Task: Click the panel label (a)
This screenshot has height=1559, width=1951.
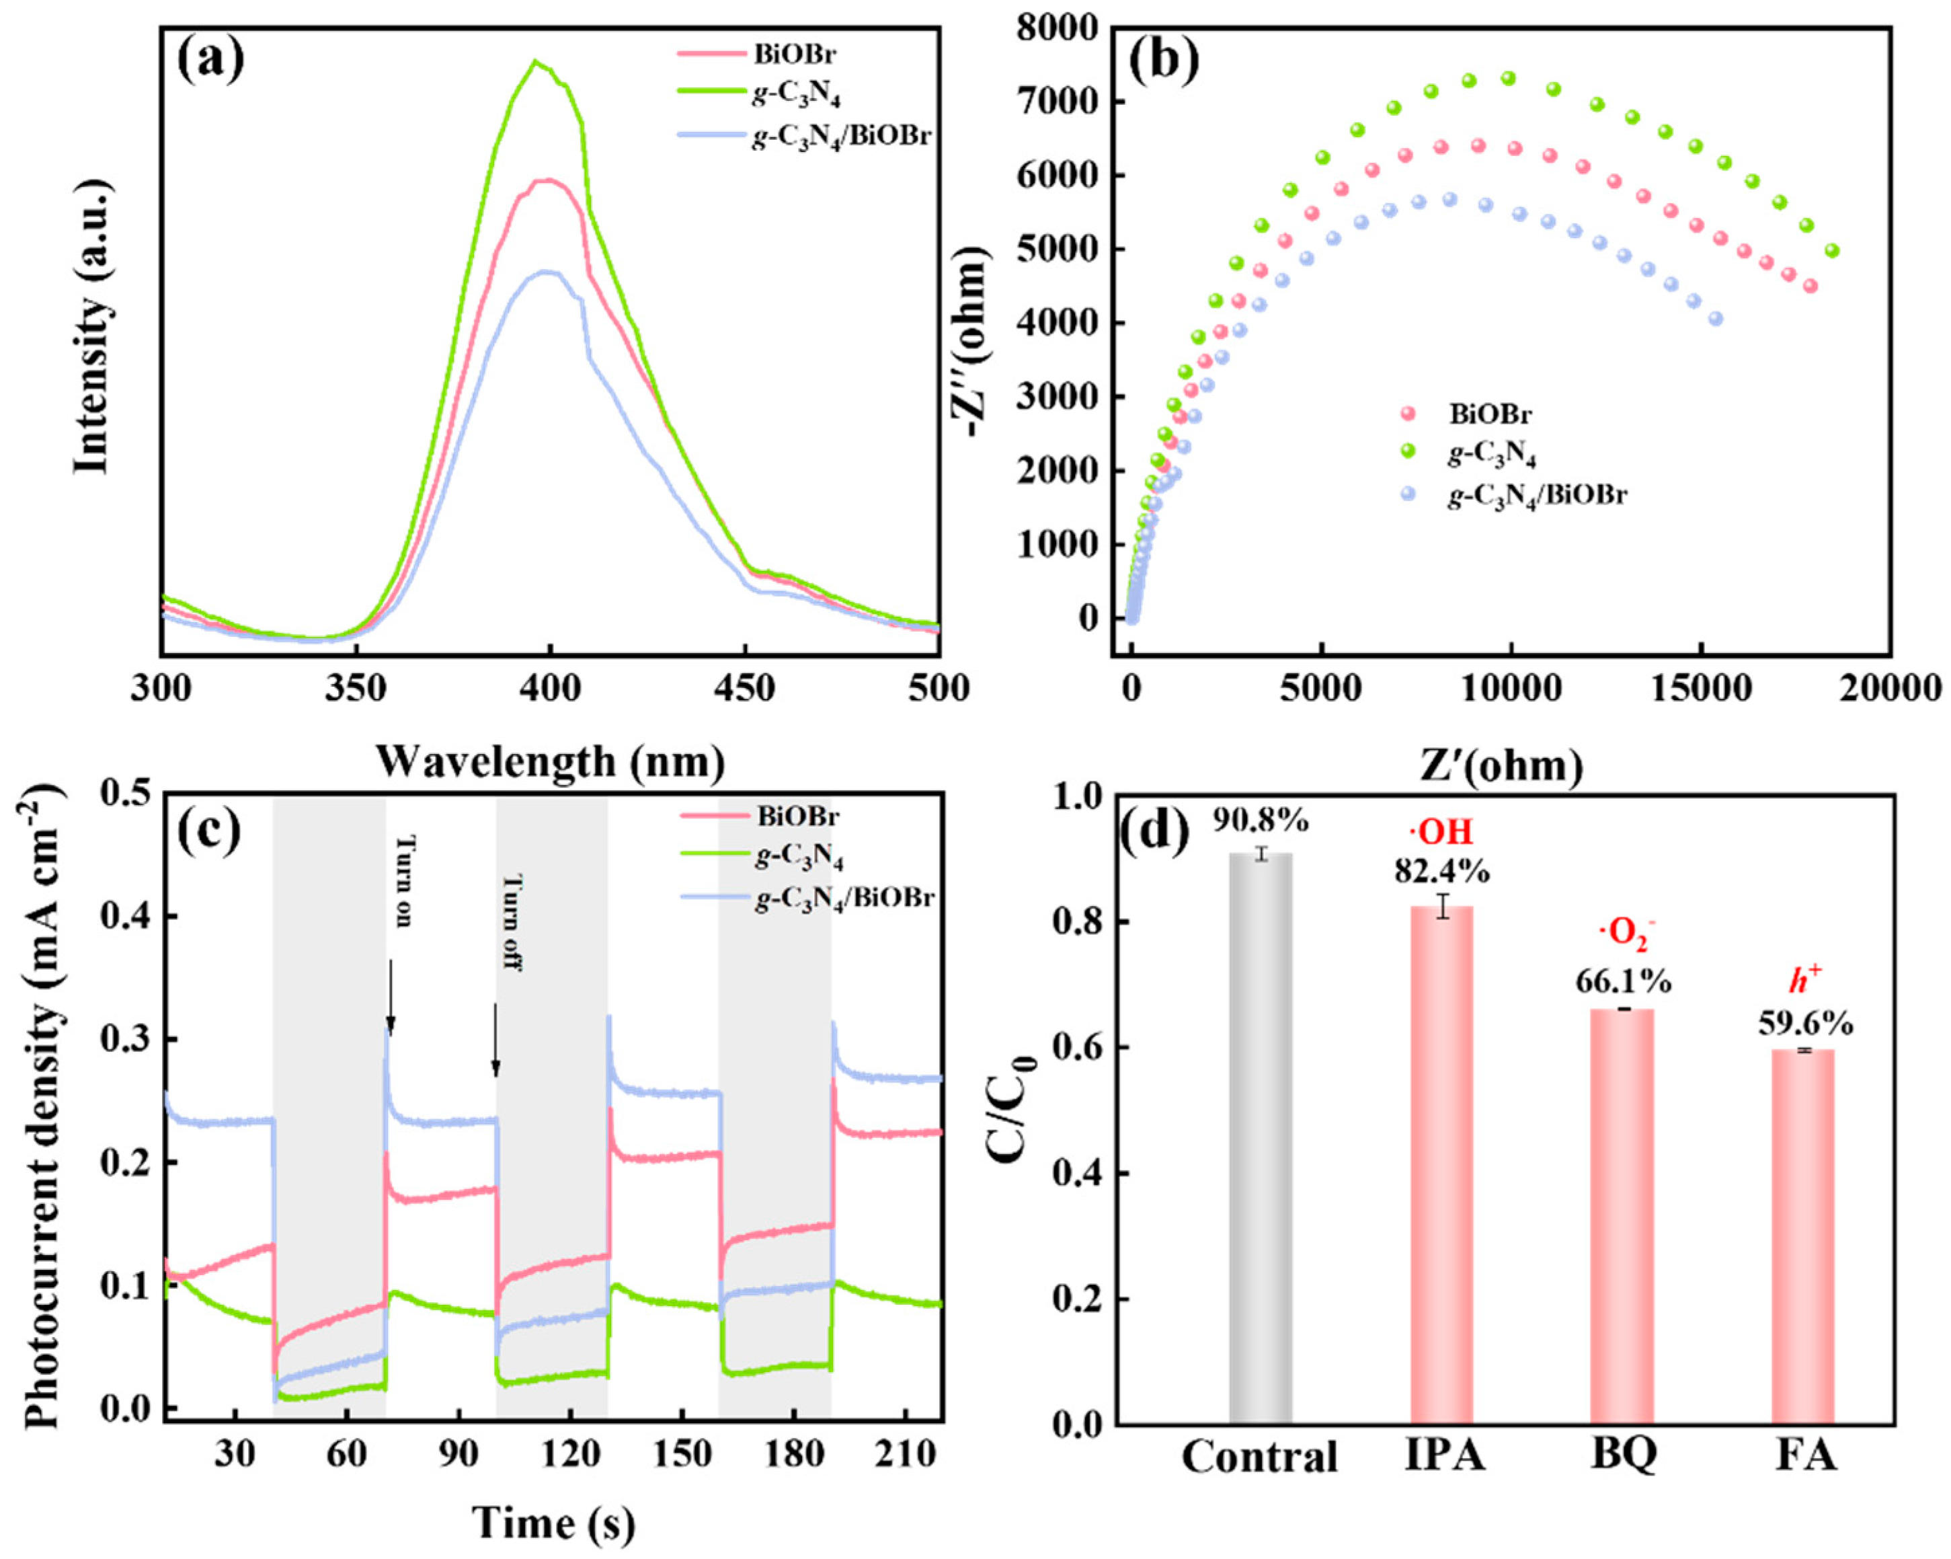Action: click(x=210, y=62)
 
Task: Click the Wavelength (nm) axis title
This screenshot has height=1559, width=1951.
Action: click(x=550, y=762)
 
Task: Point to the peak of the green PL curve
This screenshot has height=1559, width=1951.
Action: click(x=536, y=63)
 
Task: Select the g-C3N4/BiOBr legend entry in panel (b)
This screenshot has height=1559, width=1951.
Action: click(x=1538, y=495)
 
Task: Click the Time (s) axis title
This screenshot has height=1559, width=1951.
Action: click(x=553, y=1523)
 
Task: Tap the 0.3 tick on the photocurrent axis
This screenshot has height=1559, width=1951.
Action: click(x=128, y=1038)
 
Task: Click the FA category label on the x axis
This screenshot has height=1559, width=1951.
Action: click(x=1805, y=1457)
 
